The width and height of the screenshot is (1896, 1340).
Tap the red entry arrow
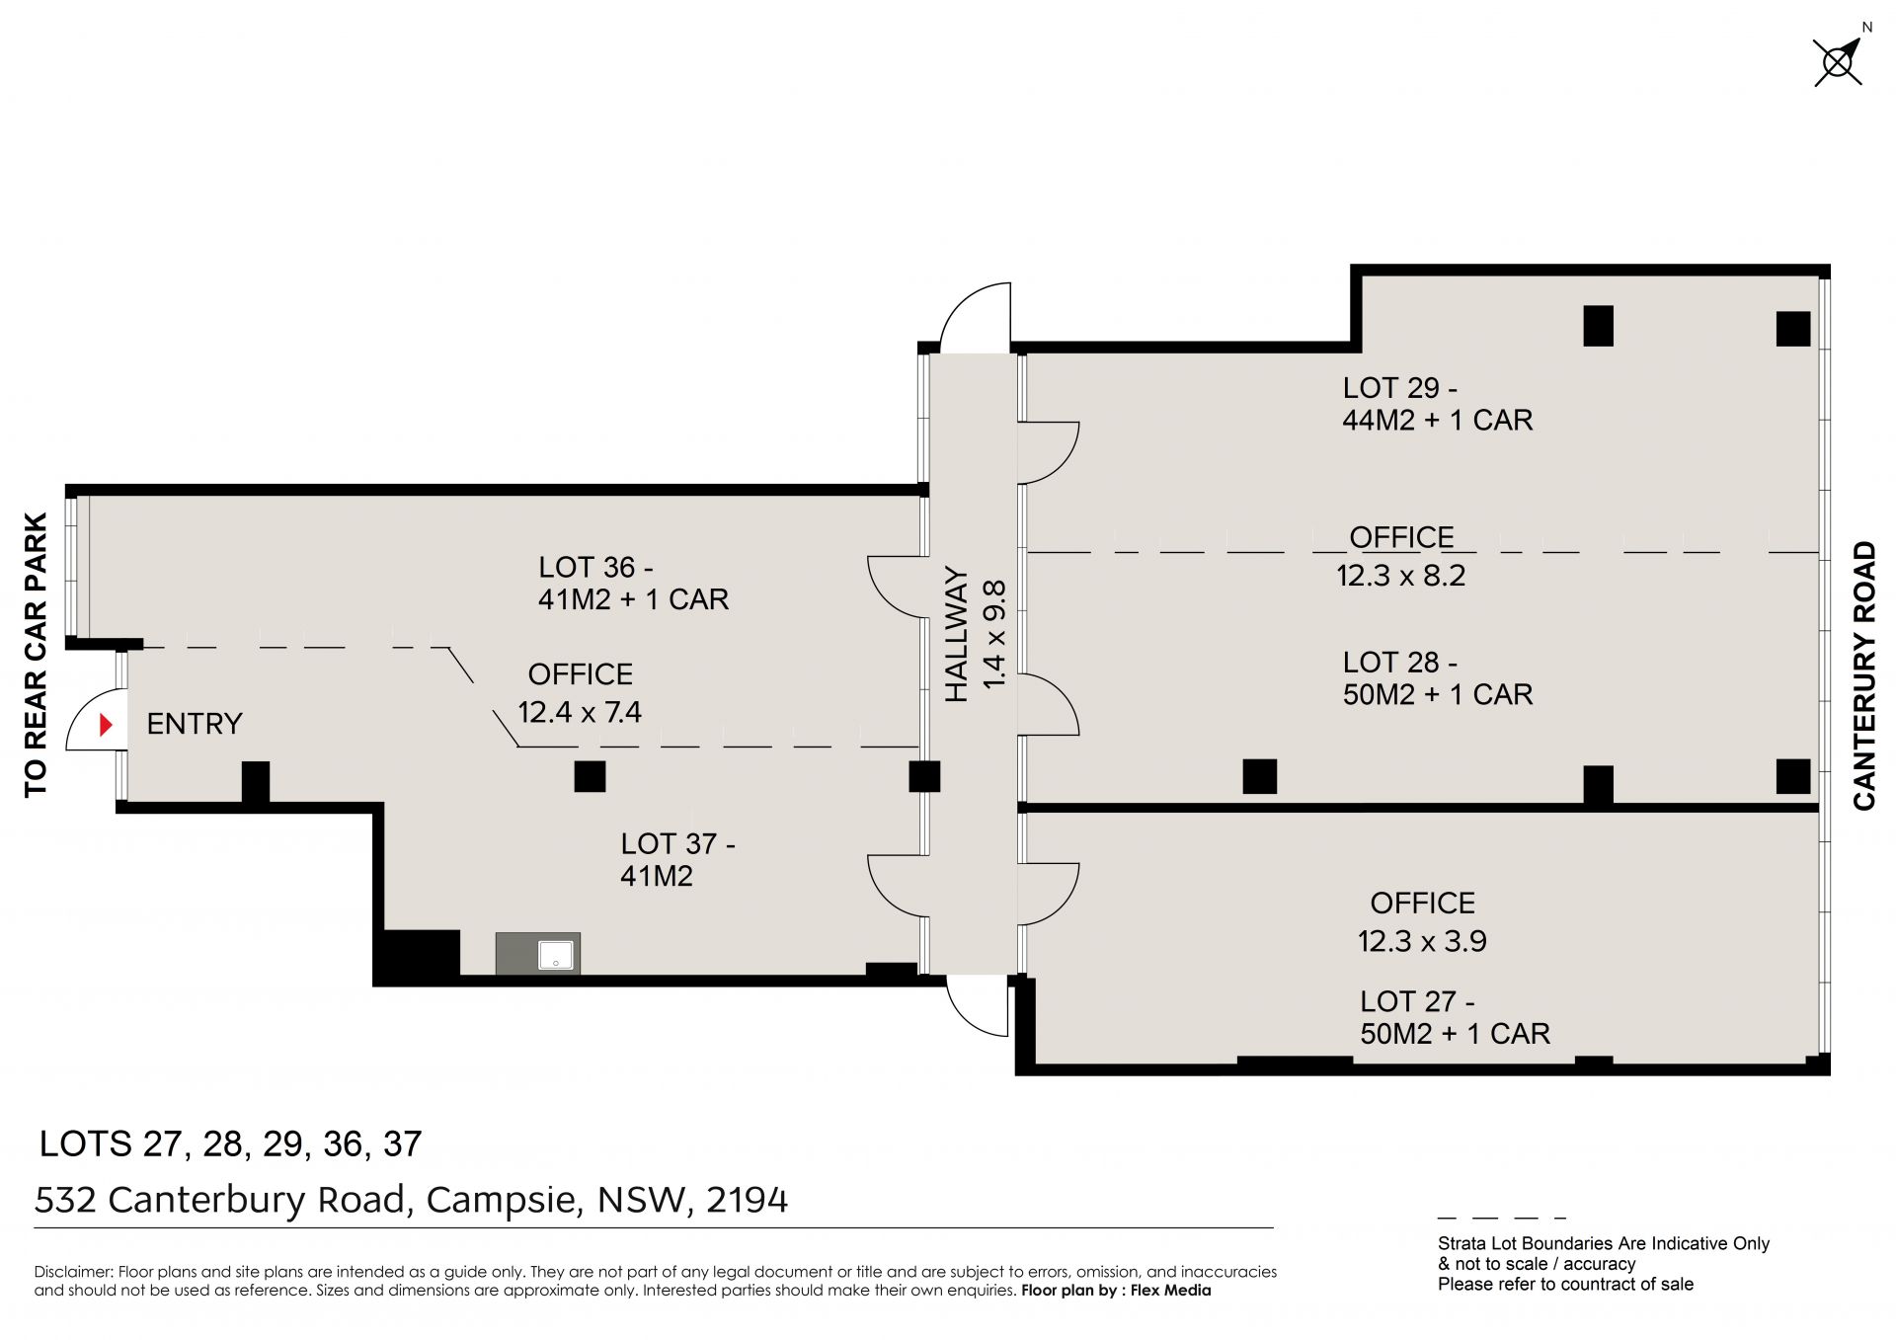[x=107, y=726]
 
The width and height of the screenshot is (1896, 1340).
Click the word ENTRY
[x=195, y=724]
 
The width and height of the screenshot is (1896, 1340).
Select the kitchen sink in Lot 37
[x=555, y=955]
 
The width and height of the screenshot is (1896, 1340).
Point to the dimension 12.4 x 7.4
[x=580, y=712]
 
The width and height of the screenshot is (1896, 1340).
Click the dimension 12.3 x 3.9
[x=1422, y=941]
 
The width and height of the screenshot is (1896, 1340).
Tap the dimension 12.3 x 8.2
[x=1401, y=575]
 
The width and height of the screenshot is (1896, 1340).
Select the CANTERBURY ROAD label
[x=1864, y=676]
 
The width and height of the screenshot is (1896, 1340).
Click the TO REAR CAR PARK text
[x=36, y=655]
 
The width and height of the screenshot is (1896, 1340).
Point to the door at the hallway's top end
[x=975, y=318]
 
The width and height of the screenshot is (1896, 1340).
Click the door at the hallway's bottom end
[x=978, y=1005]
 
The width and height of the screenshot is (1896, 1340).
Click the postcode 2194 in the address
[x=748, y=1200]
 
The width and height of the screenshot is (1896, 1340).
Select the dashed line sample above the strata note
[x=1502, y=1219]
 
